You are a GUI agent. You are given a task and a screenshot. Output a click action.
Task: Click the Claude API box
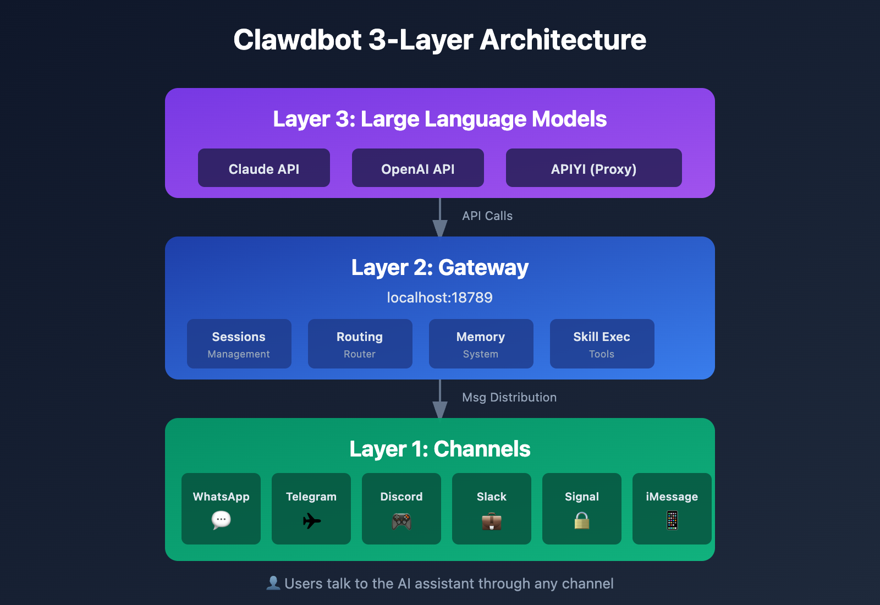click(264, 168)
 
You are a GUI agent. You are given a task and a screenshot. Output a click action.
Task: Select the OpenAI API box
click(418, 168)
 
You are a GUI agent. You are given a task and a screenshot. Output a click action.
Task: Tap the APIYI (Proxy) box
click(594, 168)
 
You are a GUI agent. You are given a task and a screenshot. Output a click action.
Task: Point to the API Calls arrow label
click(487, 216)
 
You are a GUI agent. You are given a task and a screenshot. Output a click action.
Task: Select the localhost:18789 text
click(440, 298)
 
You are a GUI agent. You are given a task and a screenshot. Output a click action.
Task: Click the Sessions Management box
click(239, 344)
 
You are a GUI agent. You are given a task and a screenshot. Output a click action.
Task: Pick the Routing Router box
click(360, 344)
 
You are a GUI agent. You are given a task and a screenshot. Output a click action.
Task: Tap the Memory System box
click(481, 344)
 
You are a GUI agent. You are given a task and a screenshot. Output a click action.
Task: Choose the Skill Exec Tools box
click(602, 344)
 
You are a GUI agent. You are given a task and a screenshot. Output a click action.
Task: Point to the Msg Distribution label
click(509, 398)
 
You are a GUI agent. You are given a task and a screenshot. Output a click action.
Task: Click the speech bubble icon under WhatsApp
click(221, 520)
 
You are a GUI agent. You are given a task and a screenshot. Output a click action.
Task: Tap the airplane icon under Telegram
click(311, 520)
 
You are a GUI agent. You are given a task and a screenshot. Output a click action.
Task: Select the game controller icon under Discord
click(402, 521)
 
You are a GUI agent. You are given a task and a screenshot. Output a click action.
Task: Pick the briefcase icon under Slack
click(492, 521)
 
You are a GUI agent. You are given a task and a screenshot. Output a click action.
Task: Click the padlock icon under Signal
click(582, 520)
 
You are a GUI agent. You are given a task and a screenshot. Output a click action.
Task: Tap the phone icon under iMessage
click(672, 520)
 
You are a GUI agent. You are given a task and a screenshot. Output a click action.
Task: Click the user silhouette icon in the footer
click(273, 583)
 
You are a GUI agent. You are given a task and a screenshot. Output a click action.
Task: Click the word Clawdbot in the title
click(298, 40)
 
